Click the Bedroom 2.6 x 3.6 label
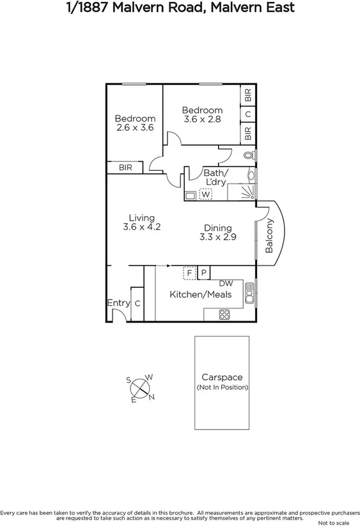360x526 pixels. tap(135, 123)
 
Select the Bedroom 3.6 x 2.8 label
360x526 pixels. tap(202, 115)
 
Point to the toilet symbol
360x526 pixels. tap(249, 155)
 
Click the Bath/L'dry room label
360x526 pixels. tap(215, 177)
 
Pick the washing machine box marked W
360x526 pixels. tap(205, 195)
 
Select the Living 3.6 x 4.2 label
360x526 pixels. tap(141, 222)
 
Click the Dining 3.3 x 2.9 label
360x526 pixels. tap(217, 232)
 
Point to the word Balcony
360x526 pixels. tap(269, 235)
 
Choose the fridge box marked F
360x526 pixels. tap(189, 273)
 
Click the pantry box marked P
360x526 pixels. tap(203, 273)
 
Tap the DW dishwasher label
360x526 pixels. tap(226, 283)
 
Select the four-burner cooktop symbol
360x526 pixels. tap(224, 314)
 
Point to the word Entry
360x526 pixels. tap(118, 303)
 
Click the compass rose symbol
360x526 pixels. tap(141, 388)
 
